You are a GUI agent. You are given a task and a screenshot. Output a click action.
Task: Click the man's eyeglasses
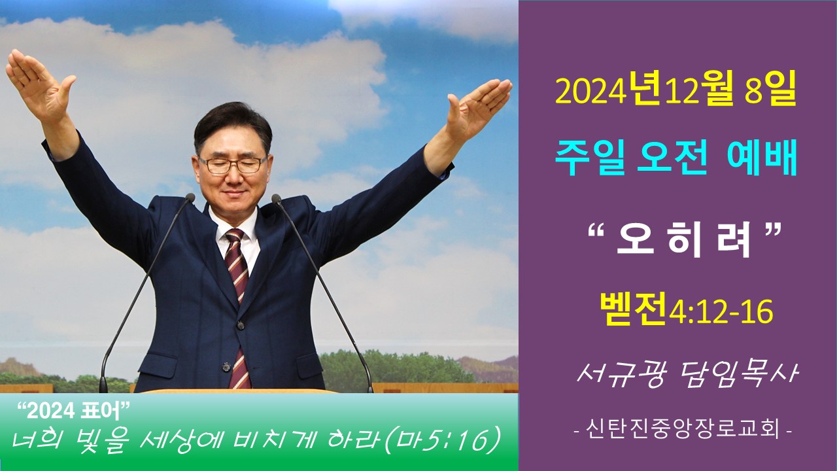click(x=232, y=165)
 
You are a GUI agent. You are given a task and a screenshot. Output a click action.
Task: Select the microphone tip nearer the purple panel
click(x=276, y=198)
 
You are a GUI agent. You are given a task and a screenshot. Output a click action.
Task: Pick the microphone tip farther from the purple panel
click(x=190, y=198)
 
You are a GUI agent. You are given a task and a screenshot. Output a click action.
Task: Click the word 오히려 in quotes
click(x=683, y=243)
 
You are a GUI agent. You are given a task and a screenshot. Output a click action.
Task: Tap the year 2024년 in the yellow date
click(x=607, y=90)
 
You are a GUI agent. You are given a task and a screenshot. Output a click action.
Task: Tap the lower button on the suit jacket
click(x=226, y=368)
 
